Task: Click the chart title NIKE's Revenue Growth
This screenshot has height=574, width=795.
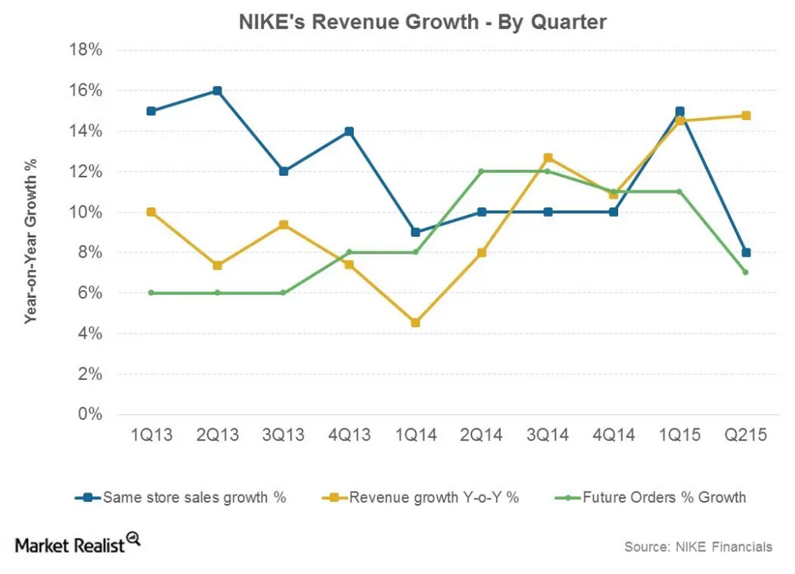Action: tap(422, 22)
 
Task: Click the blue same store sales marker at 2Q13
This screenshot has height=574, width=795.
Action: tap(217, 91)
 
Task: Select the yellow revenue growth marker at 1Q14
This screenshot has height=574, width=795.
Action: tap(415, 323)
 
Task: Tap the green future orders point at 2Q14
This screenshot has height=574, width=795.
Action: tap(481, 171)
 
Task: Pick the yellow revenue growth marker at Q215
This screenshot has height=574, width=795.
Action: tap(745, 116)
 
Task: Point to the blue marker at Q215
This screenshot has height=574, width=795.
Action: tap(745, 252)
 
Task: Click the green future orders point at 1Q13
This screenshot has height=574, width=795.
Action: tap(151, 292)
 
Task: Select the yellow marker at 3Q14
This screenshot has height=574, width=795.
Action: tap(548, 158)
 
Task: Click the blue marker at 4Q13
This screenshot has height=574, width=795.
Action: tap(349, 131)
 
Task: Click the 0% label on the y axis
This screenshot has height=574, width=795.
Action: tap(90, 414)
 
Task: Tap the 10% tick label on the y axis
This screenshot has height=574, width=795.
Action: tap(87, 212)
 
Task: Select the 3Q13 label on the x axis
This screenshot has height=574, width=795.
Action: tap(283, 435)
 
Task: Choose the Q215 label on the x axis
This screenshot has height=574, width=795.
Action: tap(745, 435)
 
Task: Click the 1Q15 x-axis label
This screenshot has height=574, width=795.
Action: tap(679, 435)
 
